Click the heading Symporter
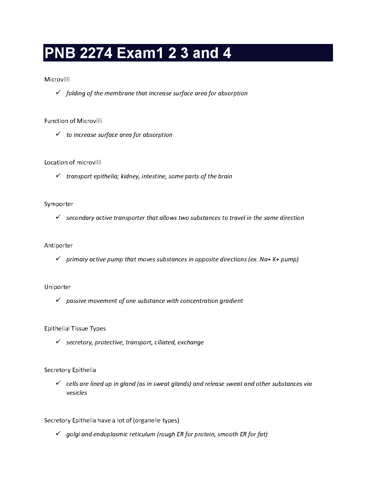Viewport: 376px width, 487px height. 59,204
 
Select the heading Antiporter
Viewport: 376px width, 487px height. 58,246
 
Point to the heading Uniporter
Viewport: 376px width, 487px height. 57,287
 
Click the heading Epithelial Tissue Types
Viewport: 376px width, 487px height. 75,329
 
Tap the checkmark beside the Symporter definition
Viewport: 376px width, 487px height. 58,217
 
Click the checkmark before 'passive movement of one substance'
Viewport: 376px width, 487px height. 58,300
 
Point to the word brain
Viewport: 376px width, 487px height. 225,176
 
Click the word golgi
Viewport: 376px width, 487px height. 73,434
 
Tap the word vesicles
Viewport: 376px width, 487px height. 76,393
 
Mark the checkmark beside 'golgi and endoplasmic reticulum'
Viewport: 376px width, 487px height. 58,434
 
